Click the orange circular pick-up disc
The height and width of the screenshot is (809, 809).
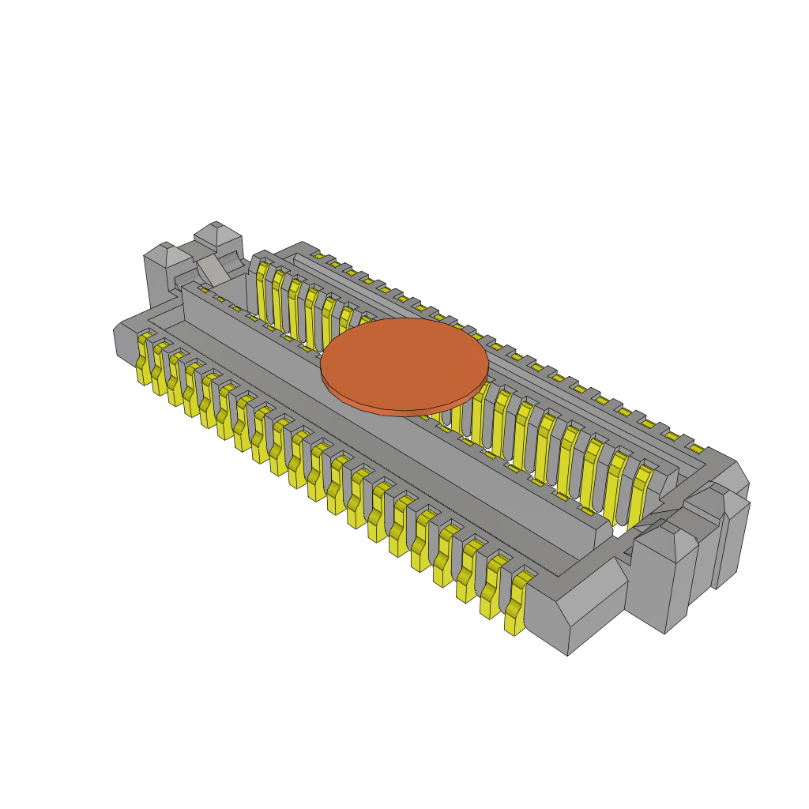coord(404,362)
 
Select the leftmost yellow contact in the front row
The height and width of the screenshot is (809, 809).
coord(144,359)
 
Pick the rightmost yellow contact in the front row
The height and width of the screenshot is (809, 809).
coord(516,604)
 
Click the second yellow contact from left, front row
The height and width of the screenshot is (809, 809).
coord(160,369)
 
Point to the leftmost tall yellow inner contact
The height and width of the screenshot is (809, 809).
coord(262,292)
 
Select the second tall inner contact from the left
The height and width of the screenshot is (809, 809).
coord(278,300)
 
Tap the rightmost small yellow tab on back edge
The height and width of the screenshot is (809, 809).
coord(696,449)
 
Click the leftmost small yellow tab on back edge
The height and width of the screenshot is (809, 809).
coord(318,256)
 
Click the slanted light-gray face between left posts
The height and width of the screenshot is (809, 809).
coord(213,270)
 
